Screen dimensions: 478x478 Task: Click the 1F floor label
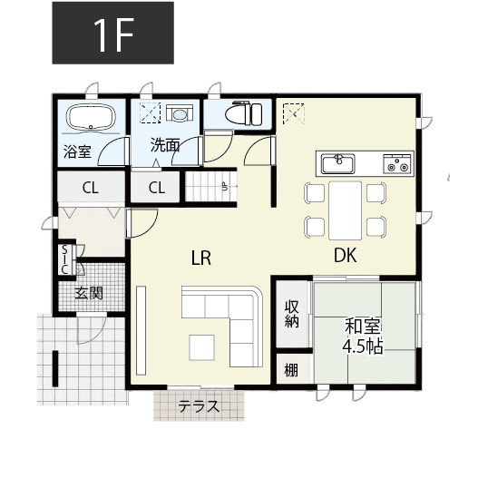(112, 33)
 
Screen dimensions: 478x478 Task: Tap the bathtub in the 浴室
(88, 118)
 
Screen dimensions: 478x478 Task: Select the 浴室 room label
(77, 151)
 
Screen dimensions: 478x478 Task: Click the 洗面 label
(165, 145)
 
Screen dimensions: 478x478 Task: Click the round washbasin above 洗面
(179, 114)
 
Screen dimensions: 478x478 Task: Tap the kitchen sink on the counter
(339, 163)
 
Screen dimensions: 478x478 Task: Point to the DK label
(346, 257)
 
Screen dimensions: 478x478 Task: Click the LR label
(201, 259)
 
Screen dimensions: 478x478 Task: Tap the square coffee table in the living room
(201, 346)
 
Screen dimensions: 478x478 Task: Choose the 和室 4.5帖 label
(362, 337)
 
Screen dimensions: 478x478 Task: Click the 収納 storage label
(292, 315)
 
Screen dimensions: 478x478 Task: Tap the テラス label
(200, 405)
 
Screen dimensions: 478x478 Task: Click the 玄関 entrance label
(89, 292)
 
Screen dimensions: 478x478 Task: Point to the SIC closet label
(65, 259)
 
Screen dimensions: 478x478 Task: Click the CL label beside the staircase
(157, 188)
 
